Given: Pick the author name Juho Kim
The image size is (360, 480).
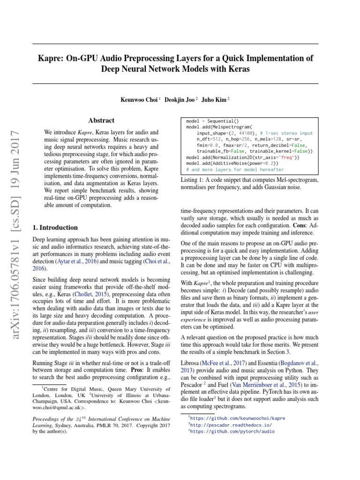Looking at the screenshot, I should coord(215,99).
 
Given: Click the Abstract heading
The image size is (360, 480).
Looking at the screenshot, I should coord(101,121).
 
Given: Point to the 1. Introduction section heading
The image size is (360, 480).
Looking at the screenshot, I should coord(55,227).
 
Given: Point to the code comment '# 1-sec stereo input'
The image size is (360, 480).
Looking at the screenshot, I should coord(286,133).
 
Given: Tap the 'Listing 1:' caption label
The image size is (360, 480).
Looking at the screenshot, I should coord(195,180).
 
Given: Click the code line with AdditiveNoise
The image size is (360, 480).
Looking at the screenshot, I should coord(234,164).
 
